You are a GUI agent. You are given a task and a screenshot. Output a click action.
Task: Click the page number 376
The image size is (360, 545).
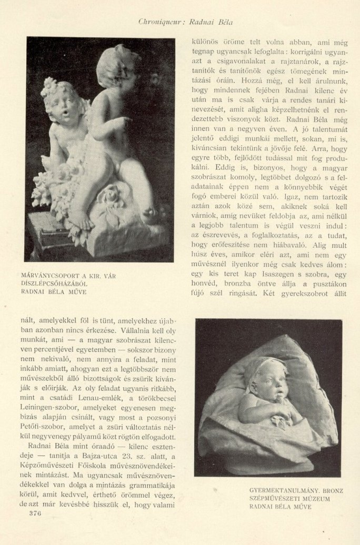(x=35, y=513)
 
